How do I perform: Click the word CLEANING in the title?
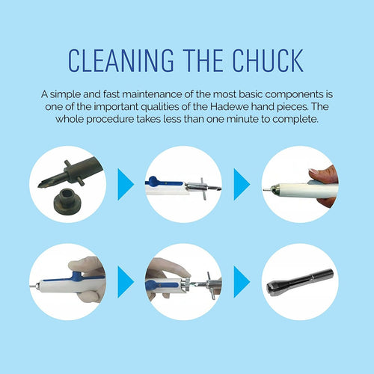[121, 61]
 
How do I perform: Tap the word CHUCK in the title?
[268, 61]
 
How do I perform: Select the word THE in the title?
[203, 61]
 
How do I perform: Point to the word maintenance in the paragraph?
[152, 94]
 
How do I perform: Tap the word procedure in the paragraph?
[110, 120]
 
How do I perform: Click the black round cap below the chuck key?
[67, 201]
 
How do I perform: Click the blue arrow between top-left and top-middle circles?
[126, 184]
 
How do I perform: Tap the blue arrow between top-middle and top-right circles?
[242, 184]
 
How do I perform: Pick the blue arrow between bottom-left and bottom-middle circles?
[126, 282]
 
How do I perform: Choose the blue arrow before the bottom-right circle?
[242, 282]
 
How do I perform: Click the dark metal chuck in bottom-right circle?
[300, 282]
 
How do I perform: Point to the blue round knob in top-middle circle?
[153, 180]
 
